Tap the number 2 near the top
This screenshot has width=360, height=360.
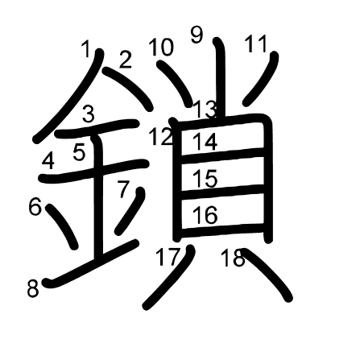126,60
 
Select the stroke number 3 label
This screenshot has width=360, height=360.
89,114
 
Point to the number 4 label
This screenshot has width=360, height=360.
48,161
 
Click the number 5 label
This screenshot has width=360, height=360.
79,151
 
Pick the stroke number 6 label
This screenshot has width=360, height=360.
35,207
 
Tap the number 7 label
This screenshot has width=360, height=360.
123,190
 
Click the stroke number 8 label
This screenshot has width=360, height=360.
33,288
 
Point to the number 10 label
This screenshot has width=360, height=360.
161,48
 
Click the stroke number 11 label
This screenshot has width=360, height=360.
255,44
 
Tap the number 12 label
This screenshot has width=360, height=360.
160,137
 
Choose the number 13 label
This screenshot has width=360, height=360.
205,108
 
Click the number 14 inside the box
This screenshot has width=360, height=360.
205,142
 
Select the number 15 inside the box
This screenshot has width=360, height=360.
205,179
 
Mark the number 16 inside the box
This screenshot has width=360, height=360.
205,215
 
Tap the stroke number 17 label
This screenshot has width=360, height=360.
168,258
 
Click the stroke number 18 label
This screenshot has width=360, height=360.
233,259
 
